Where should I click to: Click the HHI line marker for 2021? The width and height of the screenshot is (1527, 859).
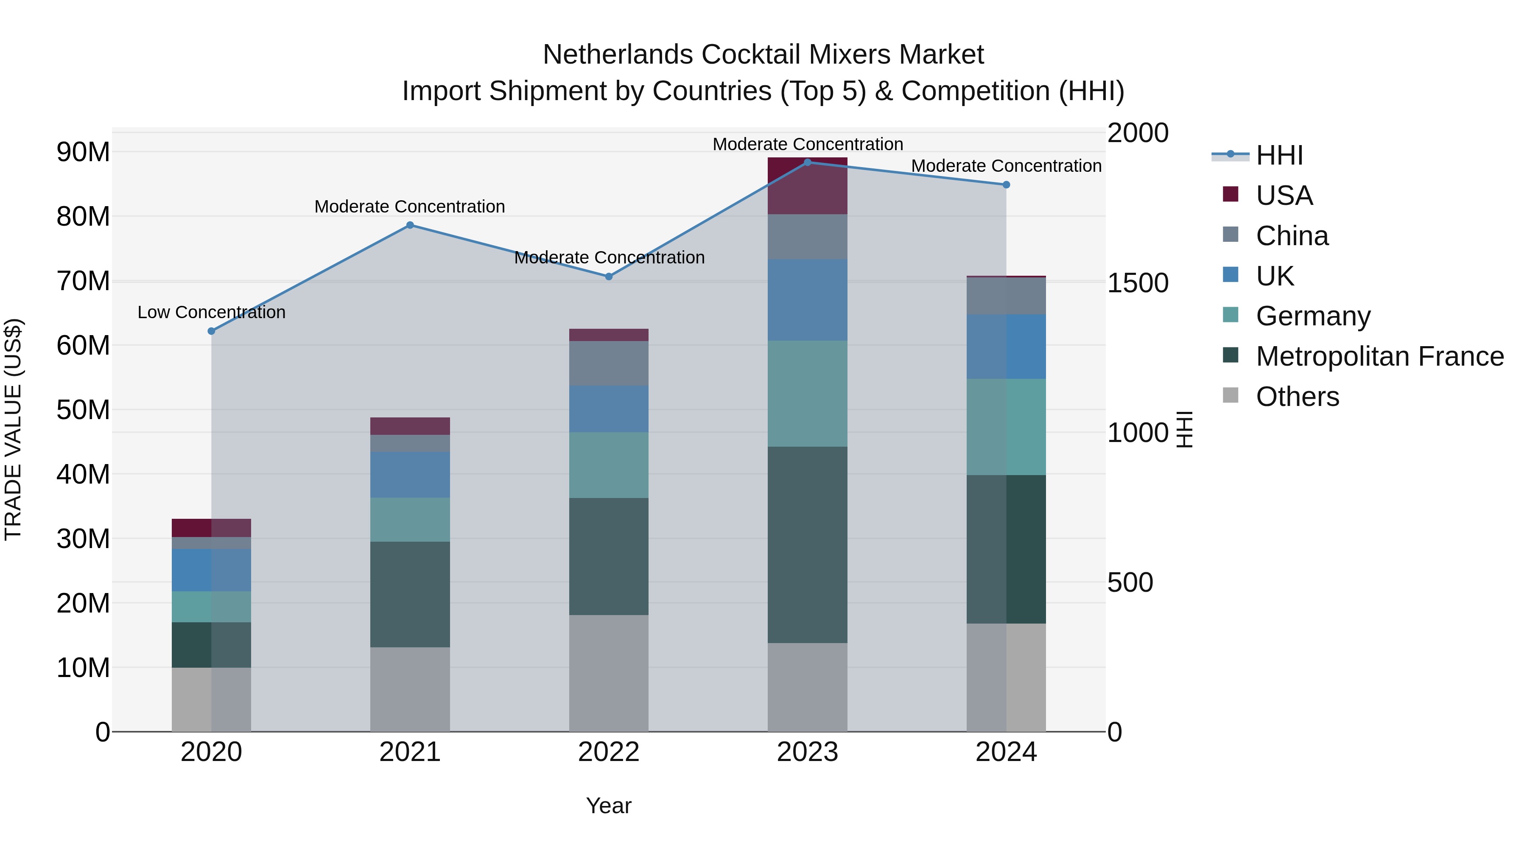[x=410, y=225]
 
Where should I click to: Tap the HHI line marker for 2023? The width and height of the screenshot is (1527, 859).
[x=807, y=162]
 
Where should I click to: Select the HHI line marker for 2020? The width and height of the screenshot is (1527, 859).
[x=211, y=331]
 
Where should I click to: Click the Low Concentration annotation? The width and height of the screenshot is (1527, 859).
[x=211, y=312]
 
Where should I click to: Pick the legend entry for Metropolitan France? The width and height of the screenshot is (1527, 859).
[x=1379, y=356]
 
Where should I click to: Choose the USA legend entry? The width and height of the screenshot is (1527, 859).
[x=1284, y=196]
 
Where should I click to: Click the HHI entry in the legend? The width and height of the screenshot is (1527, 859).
[x=1279, y=155]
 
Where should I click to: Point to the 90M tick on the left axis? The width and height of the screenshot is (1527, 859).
[x=83, y=152]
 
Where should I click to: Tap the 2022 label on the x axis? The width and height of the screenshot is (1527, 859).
[x=608, y=752]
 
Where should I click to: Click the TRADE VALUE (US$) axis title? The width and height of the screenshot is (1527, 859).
[x=13, y=429]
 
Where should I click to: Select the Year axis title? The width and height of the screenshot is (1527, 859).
[x=608, y=806]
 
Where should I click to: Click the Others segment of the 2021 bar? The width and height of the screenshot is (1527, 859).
[x=410, y=689]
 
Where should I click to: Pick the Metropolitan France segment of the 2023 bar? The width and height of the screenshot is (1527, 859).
[x=807, y=544]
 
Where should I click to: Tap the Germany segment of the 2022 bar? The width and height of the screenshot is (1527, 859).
[x=608, y=465]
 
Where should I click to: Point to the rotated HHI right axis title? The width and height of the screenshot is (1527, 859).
[x=1184, y=429]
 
